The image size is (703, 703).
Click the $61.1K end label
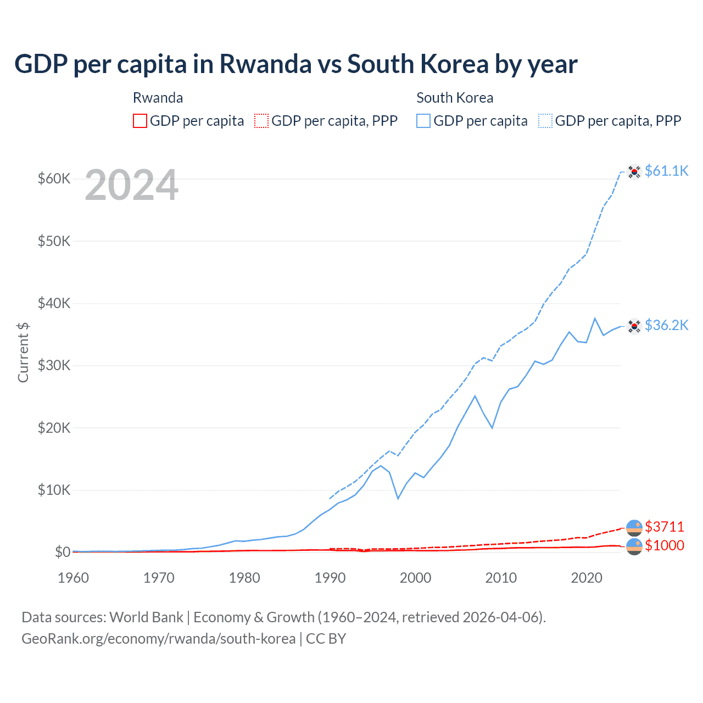(666, 171)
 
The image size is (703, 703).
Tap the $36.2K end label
(666, 325)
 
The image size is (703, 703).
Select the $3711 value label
(665, 527)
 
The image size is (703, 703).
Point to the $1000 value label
(665, 545)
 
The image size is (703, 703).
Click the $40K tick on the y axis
(54, 303)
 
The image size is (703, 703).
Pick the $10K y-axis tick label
(54, 490)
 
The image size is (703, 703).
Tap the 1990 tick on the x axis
(330, 578)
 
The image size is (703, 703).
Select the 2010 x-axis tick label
(501, 578)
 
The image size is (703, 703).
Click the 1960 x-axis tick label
(73, 578)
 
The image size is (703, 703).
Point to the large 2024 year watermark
(131, 185)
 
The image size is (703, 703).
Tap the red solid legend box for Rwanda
(140, 121)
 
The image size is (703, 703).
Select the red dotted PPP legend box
(261, 121)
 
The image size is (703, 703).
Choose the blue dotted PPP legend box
(545, 121)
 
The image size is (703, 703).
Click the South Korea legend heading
(455, 98)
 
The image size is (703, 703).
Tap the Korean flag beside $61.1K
(634, 172)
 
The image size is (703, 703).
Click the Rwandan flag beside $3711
(634, 527)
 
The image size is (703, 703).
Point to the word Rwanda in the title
(265, 64)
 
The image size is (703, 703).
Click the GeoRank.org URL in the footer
(158, 639)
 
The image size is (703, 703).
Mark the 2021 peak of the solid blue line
(595, 318)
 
